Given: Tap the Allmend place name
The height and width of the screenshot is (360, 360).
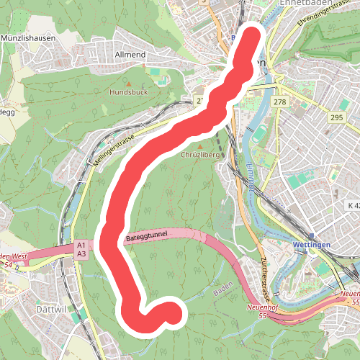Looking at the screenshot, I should pos(130,55).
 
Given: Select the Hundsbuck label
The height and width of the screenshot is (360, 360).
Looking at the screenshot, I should pos(127,93).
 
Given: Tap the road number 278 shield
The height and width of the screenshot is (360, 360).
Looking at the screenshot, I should pos(280,103).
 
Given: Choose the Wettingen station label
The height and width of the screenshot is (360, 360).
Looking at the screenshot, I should pos(312,246).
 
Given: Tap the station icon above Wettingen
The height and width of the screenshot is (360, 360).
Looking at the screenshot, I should pos(312,236).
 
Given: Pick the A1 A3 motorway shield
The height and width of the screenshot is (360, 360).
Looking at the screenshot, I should pos(81,250).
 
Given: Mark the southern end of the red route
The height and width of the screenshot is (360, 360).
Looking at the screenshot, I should pos(173,312).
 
